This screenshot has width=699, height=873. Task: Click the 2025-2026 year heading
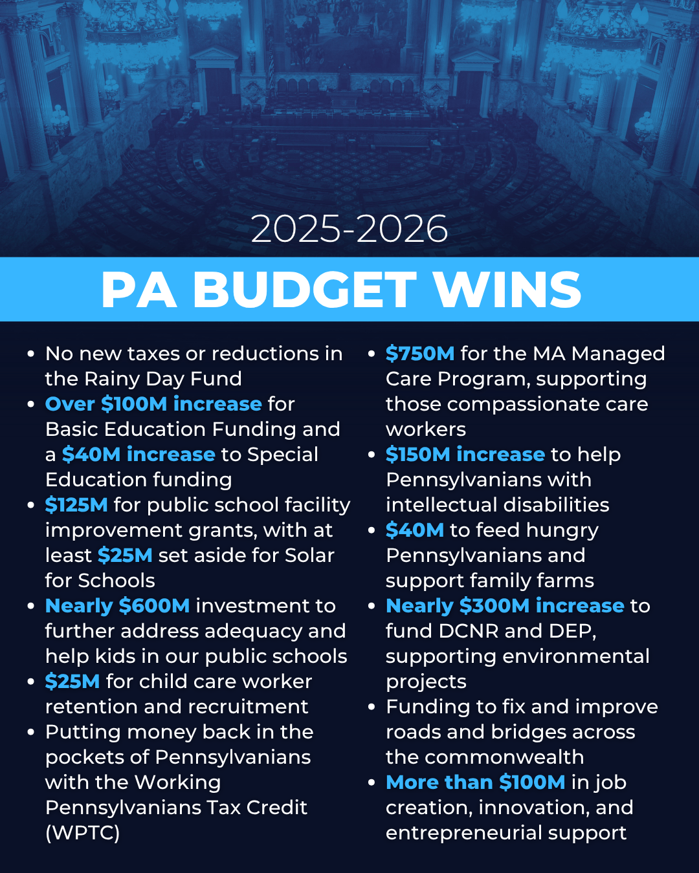click(x=349, y=229)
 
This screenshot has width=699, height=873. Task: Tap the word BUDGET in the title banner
click(x=304, y=290)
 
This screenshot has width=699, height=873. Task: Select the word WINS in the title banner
click(x=508, y=290)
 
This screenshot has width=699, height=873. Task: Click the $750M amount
click(x=420, y=354)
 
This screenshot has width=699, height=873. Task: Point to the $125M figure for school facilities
click(x=76, y=505)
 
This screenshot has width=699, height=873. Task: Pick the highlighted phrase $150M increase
click(x=465, y=455)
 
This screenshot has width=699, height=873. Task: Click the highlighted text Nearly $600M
click(x=117, y=606)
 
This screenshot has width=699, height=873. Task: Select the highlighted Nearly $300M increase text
click(x=505, y=606)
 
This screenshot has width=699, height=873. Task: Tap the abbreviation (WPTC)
click(x=82, y=833)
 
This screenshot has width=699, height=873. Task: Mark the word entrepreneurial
click(x=463, y=833)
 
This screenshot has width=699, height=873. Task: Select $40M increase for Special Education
click(x=139, y=455)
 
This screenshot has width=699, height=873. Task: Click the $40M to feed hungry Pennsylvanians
click(x=415, y=530)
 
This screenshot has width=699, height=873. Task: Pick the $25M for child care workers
click(x=72, y=682)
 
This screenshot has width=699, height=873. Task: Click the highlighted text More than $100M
click(x=475, y=782)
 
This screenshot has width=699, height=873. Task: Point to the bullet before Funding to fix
click(x=372, y=707)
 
